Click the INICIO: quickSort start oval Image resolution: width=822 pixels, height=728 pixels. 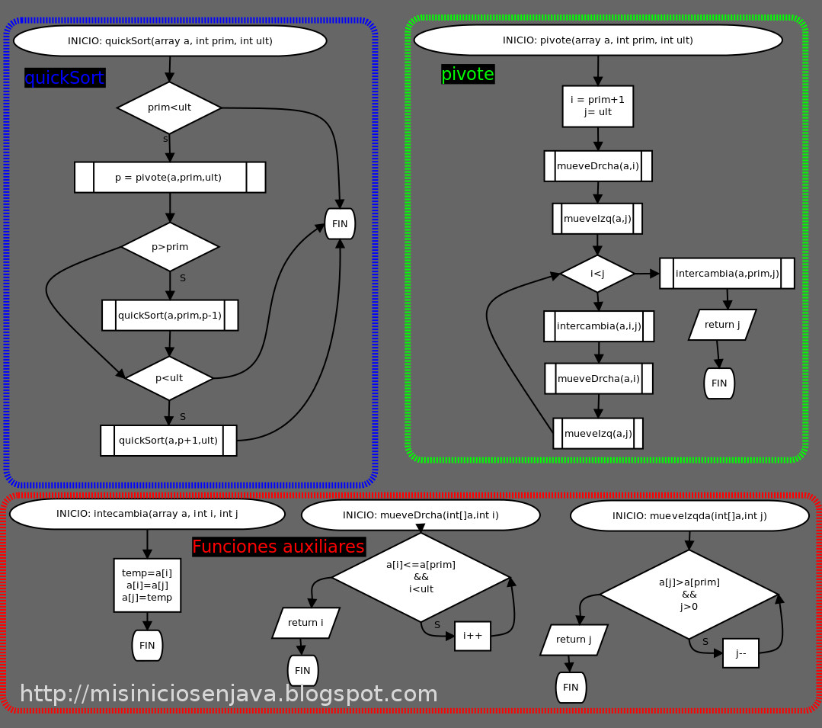(170, 41)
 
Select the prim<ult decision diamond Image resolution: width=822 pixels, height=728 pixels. (169, 107)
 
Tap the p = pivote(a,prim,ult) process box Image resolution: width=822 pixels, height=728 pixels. (169, 178)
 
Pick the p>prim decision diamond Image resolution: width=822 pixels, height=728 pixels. (170, 247)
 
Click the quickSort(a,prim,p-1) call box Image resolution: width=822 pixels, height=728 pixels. (170, 316)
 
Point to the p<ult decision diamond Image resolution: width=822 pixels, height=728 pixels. (169, 378)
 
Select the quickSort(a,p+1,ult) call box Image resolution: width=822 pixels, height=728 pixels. (168, 441)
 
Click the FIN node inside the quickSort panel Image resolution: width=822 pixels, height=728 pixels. (340, 224)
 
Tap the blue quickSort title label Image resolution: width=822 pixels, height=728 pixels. (65, 78)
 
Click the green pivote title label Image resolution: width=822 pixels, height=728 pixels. (468, 74)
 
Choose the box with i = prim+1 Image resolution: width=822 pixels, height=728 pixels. (598, 106)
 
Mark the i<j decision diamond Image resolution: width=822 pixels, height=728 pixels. (597, 274)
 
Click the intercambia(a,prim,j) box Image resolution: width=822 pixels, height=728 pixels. (727, 274)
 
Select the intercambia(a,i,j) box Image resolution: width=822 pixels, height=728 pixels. (599, 326)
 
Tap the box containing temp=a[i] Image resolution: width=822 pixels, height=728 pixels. (147, 585)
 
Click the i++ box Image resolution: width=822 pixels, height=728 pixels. (472, 636)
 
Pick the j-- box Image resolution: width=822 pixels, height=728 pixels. (740, 653)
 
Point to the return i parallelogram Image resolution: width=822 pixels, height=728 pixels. (305, 623)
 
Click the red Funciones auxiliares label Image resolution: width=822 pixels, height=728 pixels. (278, 547)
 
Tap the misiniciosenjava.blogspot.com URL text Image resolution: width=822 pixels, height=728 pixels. (229, 694)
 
